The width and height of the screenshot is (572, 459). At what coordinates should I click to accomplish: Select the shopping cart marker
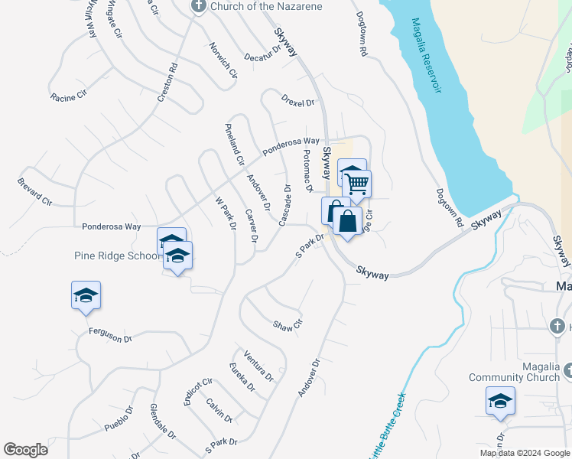(356, 184)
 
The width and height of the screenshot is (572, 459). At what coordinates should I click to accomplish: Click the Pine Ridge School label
(116, 256)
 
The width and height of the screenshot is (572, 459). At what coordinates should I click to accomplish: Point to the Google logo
(25, 450)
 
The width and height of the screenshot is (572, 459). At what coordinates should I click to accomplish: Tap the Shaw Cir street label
(288, 326)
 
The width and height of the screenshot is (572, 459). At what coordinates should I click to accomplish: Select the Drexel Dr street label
(297, 101)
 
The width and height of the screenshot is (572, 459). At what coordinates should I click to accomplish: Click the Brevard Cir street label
(34, 192)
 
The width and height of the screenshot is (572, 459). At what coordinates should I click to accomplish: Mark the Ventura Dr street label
(258, 365)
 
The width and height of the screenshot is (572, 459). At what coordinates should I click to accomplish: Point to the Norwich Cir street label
(223, 59)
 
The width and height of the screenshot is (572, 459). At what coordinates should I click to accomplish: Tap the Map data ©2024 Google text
(525, 453)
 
